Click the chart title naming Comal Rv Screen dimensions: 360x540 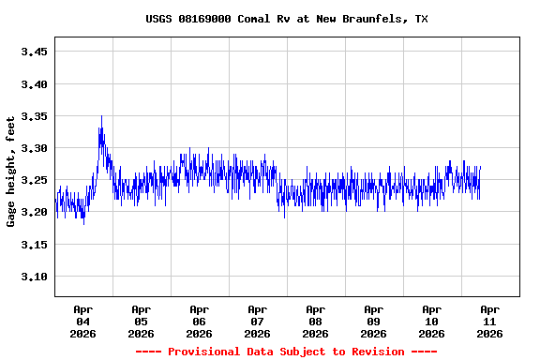[x=287, y=19]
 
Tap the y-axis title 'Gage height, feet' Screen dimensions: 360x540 [x=11, y=172]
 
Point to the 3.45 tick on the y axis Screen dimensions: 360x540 [x=34, y=52]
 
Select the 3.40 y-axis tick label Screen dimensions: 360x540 [x=34, y=84]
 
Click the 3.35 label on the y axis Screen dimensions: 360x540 [x=34, y=116]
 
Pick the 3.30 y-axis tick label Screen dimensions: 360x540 [x=34, y=148]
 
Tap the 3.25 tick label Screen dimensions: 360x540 [x=34, y=180]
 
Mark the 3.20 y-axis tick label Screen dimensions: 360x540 [x=34, y=213]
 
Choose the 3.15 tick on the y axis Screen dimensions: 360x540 [x=34, y=245]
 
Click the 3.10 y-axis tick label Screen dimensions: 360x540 [x=34, y=277]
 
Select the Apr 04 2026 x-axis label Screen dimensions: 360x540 [x=82, y=321]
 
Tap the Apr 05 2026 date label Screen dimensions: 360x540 [x=141, y=321]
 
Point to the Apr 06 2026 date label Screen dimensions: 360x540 [x=199, y=321]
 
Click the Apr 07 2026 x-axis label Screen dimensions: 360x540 [x=257, y=321]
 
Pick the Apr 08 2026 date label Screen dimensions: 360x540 [x=315, y=321]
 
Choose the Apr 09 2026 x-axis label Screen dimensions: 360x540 [x=373, y=321]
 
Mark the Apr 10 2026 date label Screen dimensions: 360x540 [x=431, y=321]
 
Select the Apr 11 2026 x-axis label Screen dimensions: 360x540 [x=489, y=321]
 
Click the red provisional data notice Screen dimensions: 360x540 [x=286, y=352]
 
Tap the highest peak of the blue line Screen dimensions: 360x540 [x=101, y=117]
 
